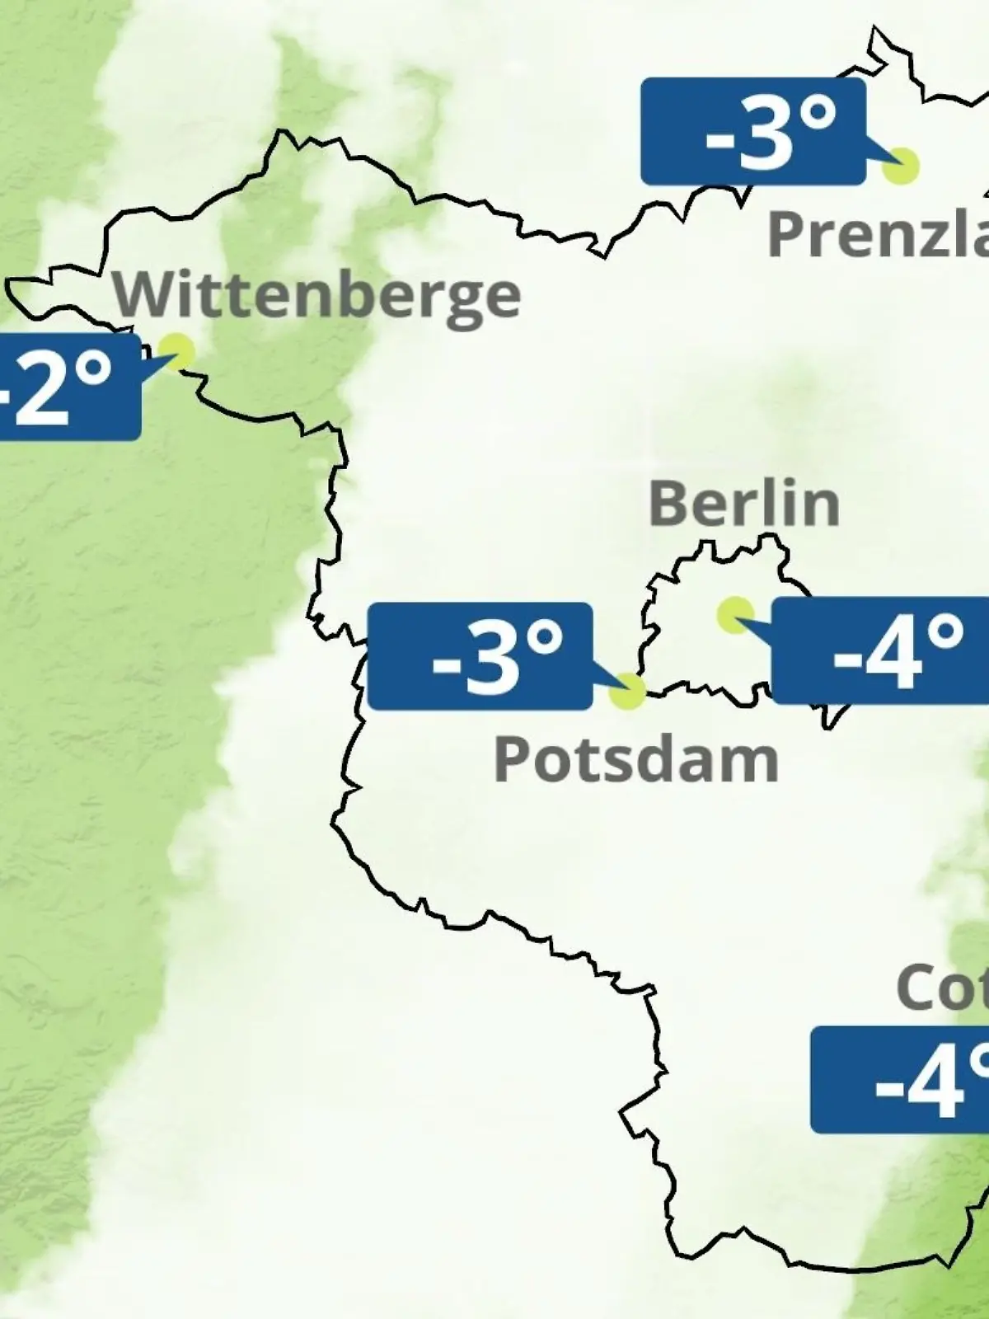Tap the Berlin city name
pyautogui.click(x=743, y=503)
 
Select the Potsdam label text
pyautogui.click(x=635, y=759)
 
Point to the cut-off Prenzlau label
pyautogui.click(x=878, y=234)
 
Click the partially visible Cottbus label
pyautogui.click(x=941, y=987)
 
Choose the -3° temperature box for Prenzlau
pyautogui.click(x=752, y=132)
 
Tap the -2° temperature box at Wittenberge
pyautogui.click(x=66, y=386)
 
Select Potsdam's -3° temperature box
pyautogui.click(x=480, y=656)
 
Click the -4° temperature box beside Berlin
pyautogui.click(x=880, y=651)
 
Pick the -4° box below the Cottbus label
pyautogui.click(x=900, y=1080)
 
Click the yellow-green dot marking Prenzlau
pyautogui.click(x=900, y=166)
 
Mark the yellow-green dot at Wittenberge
pyautogui.click(x=177, y=351)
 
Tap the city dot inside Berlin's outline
pyautogui.click(x=734, y=614)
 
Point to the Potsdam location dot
pyautogui.click(x=627, y=691)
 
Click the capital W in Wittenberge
pyautogui.click(x=140, y=294)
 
